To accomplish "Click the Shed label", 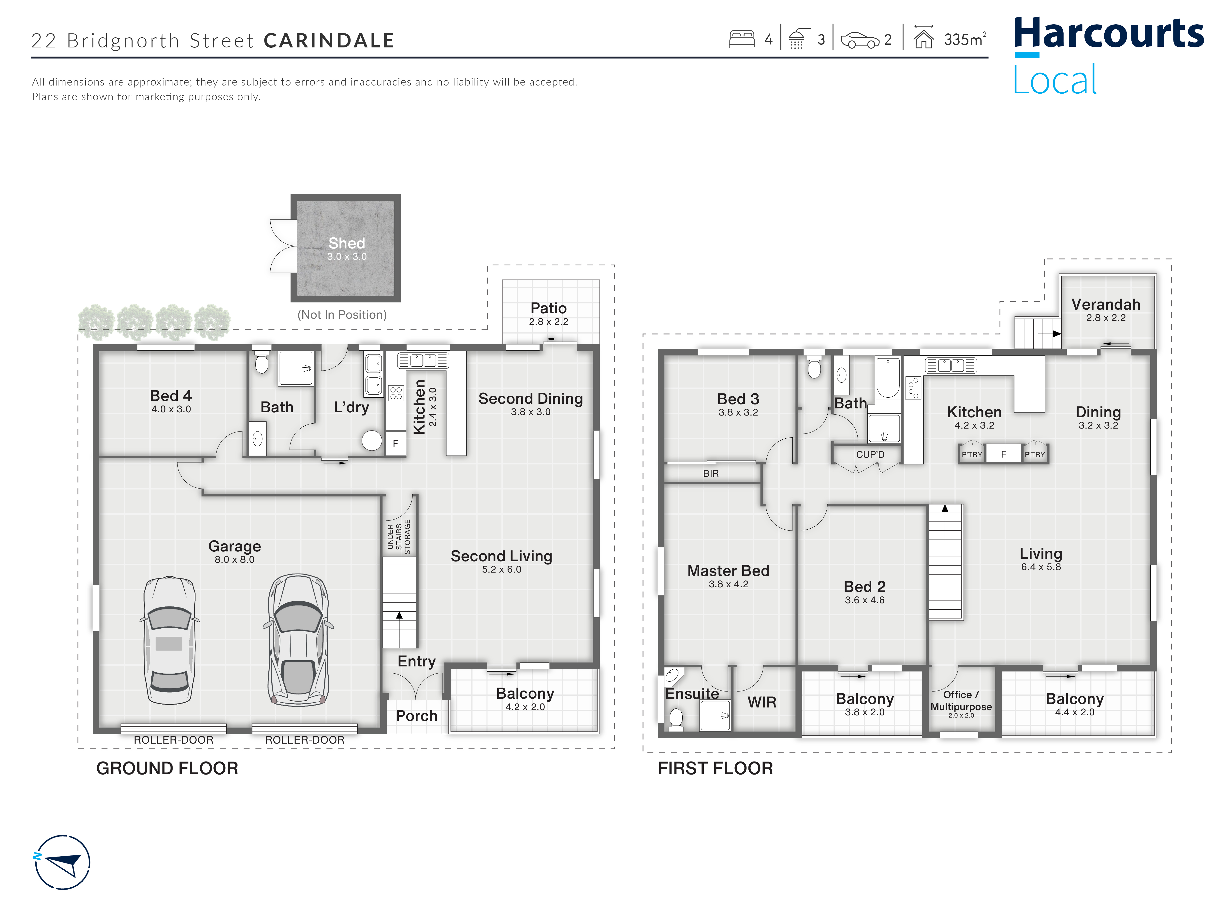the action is point(347,243).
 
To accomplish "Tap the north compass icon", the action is point(62,862).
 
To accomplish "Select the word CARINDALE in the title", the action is point(329,41).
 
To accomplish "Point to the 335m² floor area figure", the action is point(965,39).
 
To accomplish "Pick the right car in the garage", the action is point(298,640).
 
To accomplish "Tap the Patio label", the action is point(548,308).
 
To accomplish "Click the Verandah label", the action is point(1106,304).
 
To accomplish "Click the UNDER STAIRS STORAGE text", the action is point(399,536).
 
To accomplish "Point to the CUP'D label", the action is point(870,454).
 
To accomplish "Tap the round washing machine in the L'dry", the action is point(372,440).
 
